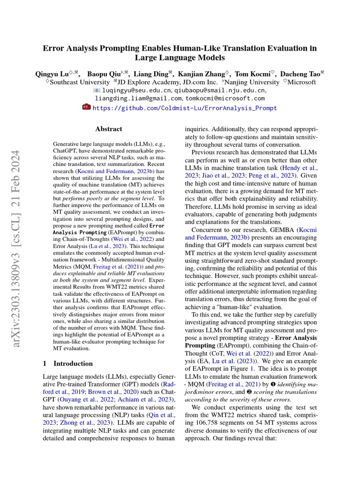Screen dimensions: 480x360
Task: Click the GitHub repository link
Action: coord(185,108)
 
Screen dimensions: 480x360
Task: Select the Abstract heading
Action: coord(109,129)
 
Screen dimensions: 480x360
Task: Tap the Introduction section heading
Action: coord(67,363)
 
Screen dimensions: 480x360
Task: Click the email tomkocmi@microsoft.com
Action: coord(225,98)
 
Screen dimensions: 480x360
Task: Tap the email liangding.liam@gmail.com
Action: coord(138,98)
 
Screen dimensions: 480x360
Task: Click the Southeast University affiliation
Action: coord(80,82)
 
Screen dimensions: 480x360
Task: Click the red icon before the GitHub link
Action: coord(86,107)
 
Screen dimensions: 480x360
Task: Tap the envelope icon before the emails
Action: coord(97,90)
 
